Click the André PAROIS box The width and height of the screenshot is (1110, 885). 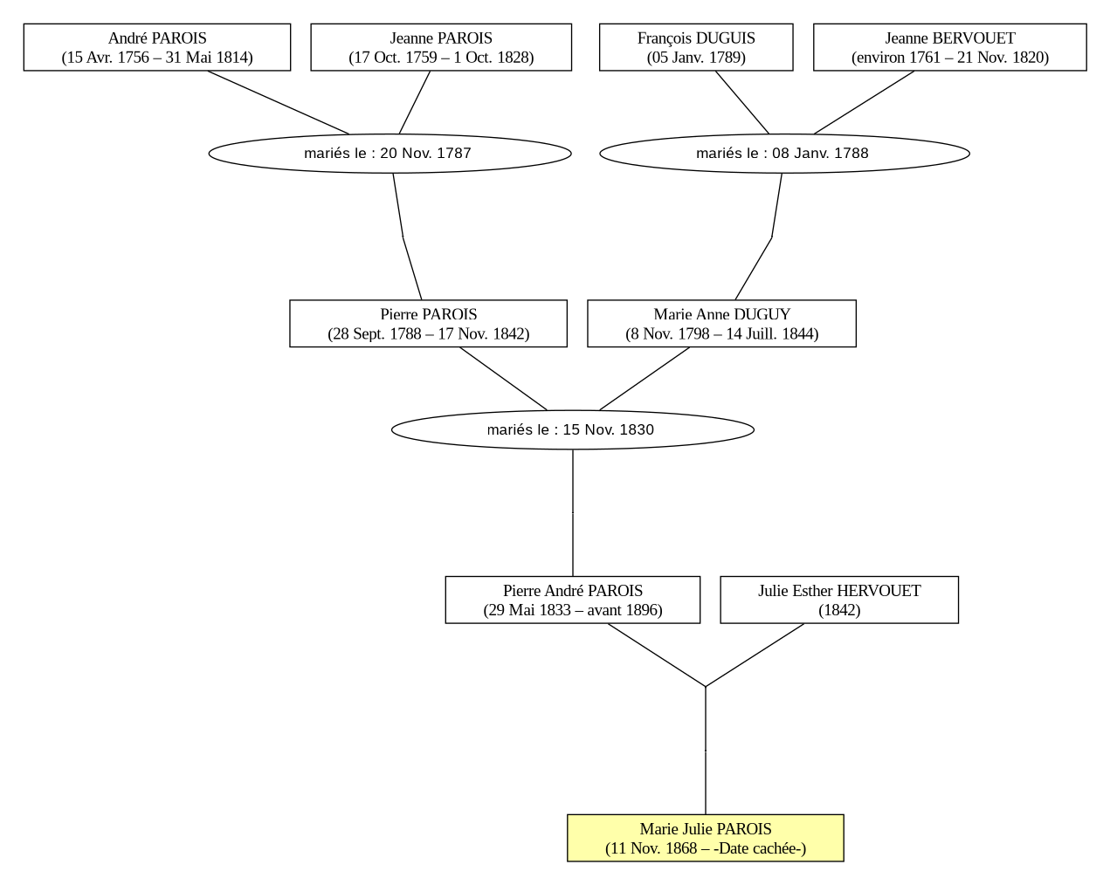(157, 47)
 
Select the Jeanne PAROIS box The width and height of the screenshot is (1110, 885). (441, 47)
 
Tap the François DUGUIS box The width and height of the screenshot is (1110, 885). (696, 47)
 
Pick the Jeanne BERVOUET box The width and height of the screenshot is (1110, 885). (950, 47)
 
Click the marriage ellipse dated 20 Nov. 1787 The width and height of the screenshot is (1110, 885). (390, 154)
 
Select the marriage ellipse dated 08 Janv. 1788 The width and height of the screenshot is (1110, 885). (784, 154)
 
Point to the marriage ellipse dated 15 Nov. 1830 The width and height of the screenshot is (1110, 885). (573, 430)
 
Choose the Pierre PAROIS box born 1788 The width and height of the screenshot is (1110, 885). (428, 324)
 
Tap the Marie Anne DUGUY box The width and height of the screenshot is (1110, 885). (721, 324)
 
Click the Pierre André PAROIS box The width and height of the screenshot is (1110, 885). (573, 600)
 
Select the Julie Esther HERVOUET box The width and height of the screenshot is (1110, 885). (839, 600)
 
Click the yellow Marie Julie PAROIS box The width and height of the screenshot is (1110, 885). (706, 838)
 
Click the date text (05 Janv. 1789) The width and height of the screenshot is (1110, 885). (696, 58)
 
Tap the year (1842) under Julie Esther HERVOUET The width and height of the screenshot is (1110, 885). (839, 610)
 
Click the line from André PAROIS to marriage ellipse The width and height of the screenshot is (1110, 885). (278, 103)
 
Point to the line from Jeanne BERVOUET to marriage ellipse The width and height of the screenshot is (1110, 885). (864, 103)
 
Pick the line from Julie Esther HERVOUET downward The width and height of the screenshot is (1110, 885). (755, 655)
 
